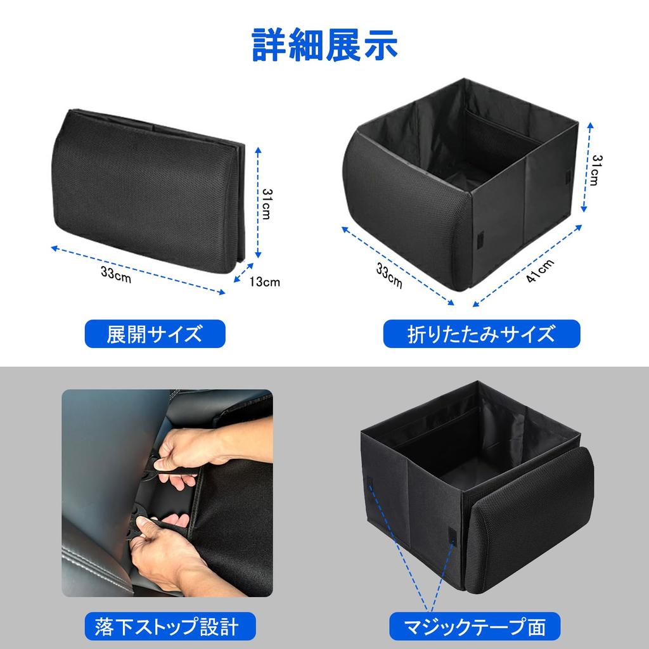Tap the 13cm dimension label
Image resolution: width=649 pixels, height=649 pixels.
(264, 282)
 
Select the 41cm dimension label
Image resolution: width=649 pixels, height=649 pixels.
(540, 271)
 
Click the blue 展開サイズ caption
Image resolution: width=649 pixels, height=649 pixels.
(155, 334)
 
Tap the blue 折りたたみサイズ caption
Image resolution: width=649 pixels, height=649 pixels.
(481, 334)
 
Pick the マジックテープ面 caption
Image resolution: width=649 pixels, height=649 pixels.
(477, 627)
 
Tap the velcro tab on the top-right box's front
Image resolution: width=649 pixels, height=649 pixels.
(479, 240)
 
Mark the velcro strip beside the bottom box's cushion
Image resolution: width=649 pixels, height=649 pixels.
(453, 536)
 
